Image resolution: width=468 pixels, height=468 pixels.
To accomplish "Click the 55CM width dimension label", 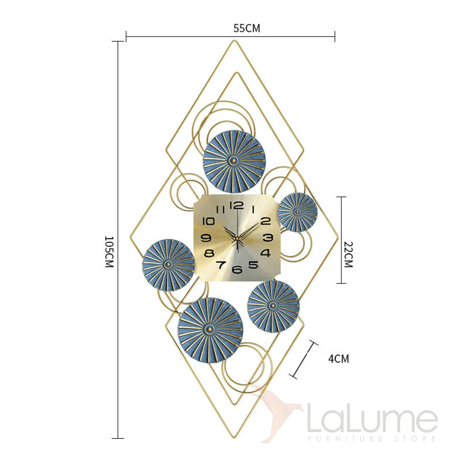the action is click(x=246, y=28).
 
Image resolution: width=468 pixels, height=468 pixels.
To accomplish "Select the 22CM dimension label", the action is click(x=348, y=254).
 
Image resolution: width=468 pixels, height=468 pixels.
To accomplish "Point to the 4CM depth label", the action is click(x=339, y=359).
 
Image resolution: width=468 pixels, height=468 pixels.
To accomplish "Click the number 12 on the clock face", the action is click(x=236, y=206).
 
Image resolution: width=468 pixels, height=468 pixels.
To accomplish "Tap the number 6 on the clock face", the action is click(x=237, y=269).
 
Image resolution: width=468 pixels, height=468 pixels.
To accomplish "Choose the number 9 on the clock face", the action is click(x=206, y=238).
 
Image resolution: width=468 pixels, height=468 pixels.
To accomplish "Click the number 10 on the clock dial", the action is click(x=208, y=221).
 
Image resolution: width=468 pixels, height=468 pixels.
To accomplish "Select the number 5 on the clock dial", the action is click(x=253, y=265).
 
